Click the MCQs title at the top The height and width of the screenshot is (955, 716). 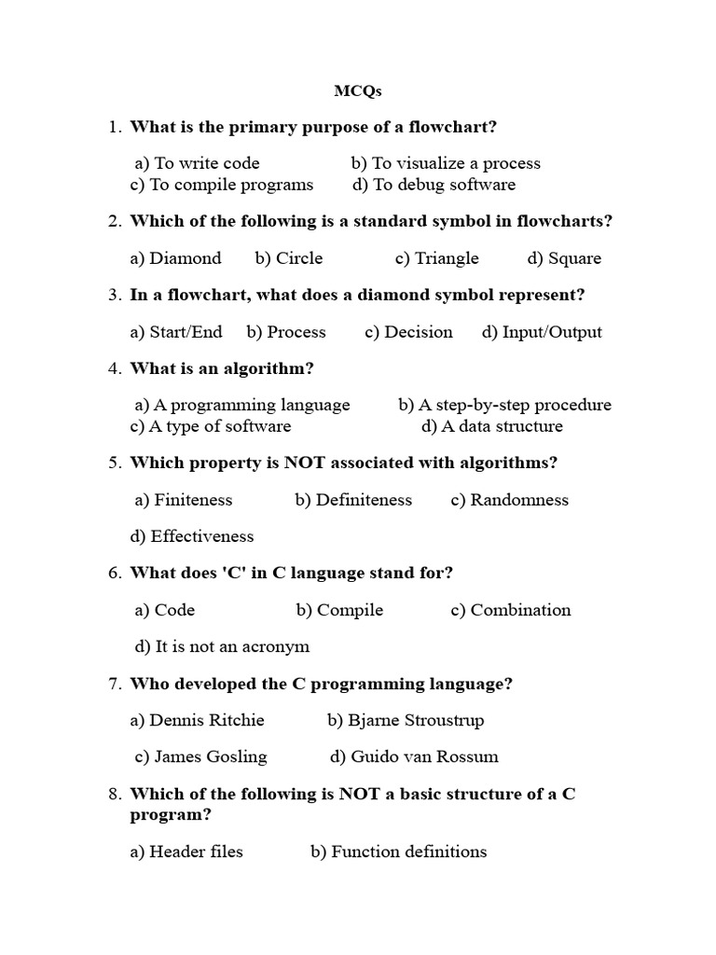pyautogui.click(x=358, y=91)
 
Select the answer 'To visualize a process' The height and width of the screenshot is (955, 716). pyautogui.click(x=446, y=163)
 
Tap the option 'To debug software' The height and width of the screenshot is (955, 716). pyautogui.click(x=434, y=185)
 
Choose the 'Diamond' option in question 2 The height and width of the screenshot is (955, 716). pyautogui.click(x=176, y=258)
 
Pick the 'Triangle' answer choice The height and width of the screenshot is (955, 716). pyautogui.click(x=436, y=258)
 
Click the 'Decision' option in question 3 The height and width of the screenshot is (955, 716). pyautogui.click(x=408, y=332)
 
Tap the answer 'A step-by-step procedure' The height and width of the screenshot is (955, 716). pyautogui.click(x=504, y=405)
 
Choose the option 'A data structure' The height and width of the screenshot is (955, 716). pyautogui.click(x=492, y=426)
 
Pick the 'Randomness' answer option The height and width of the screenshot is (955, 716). pyautogui.click(x=509, y=500)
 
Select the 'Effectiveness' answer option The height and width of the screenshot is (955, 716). pyautogui.click(x=192, y=536)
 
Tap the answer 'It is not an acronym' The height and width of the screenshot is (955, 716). pyautogui.click(x=222, y=646)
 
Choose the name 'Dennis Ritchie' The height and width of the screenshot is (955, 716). pyautogui.click(x=198, y=720)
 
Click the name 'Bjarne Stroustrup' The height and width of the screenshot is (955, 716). pyautogui.click(x=406, y=720)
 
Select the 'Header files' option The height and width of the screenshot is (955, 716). pyautogui.click(x=186, y=851)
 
